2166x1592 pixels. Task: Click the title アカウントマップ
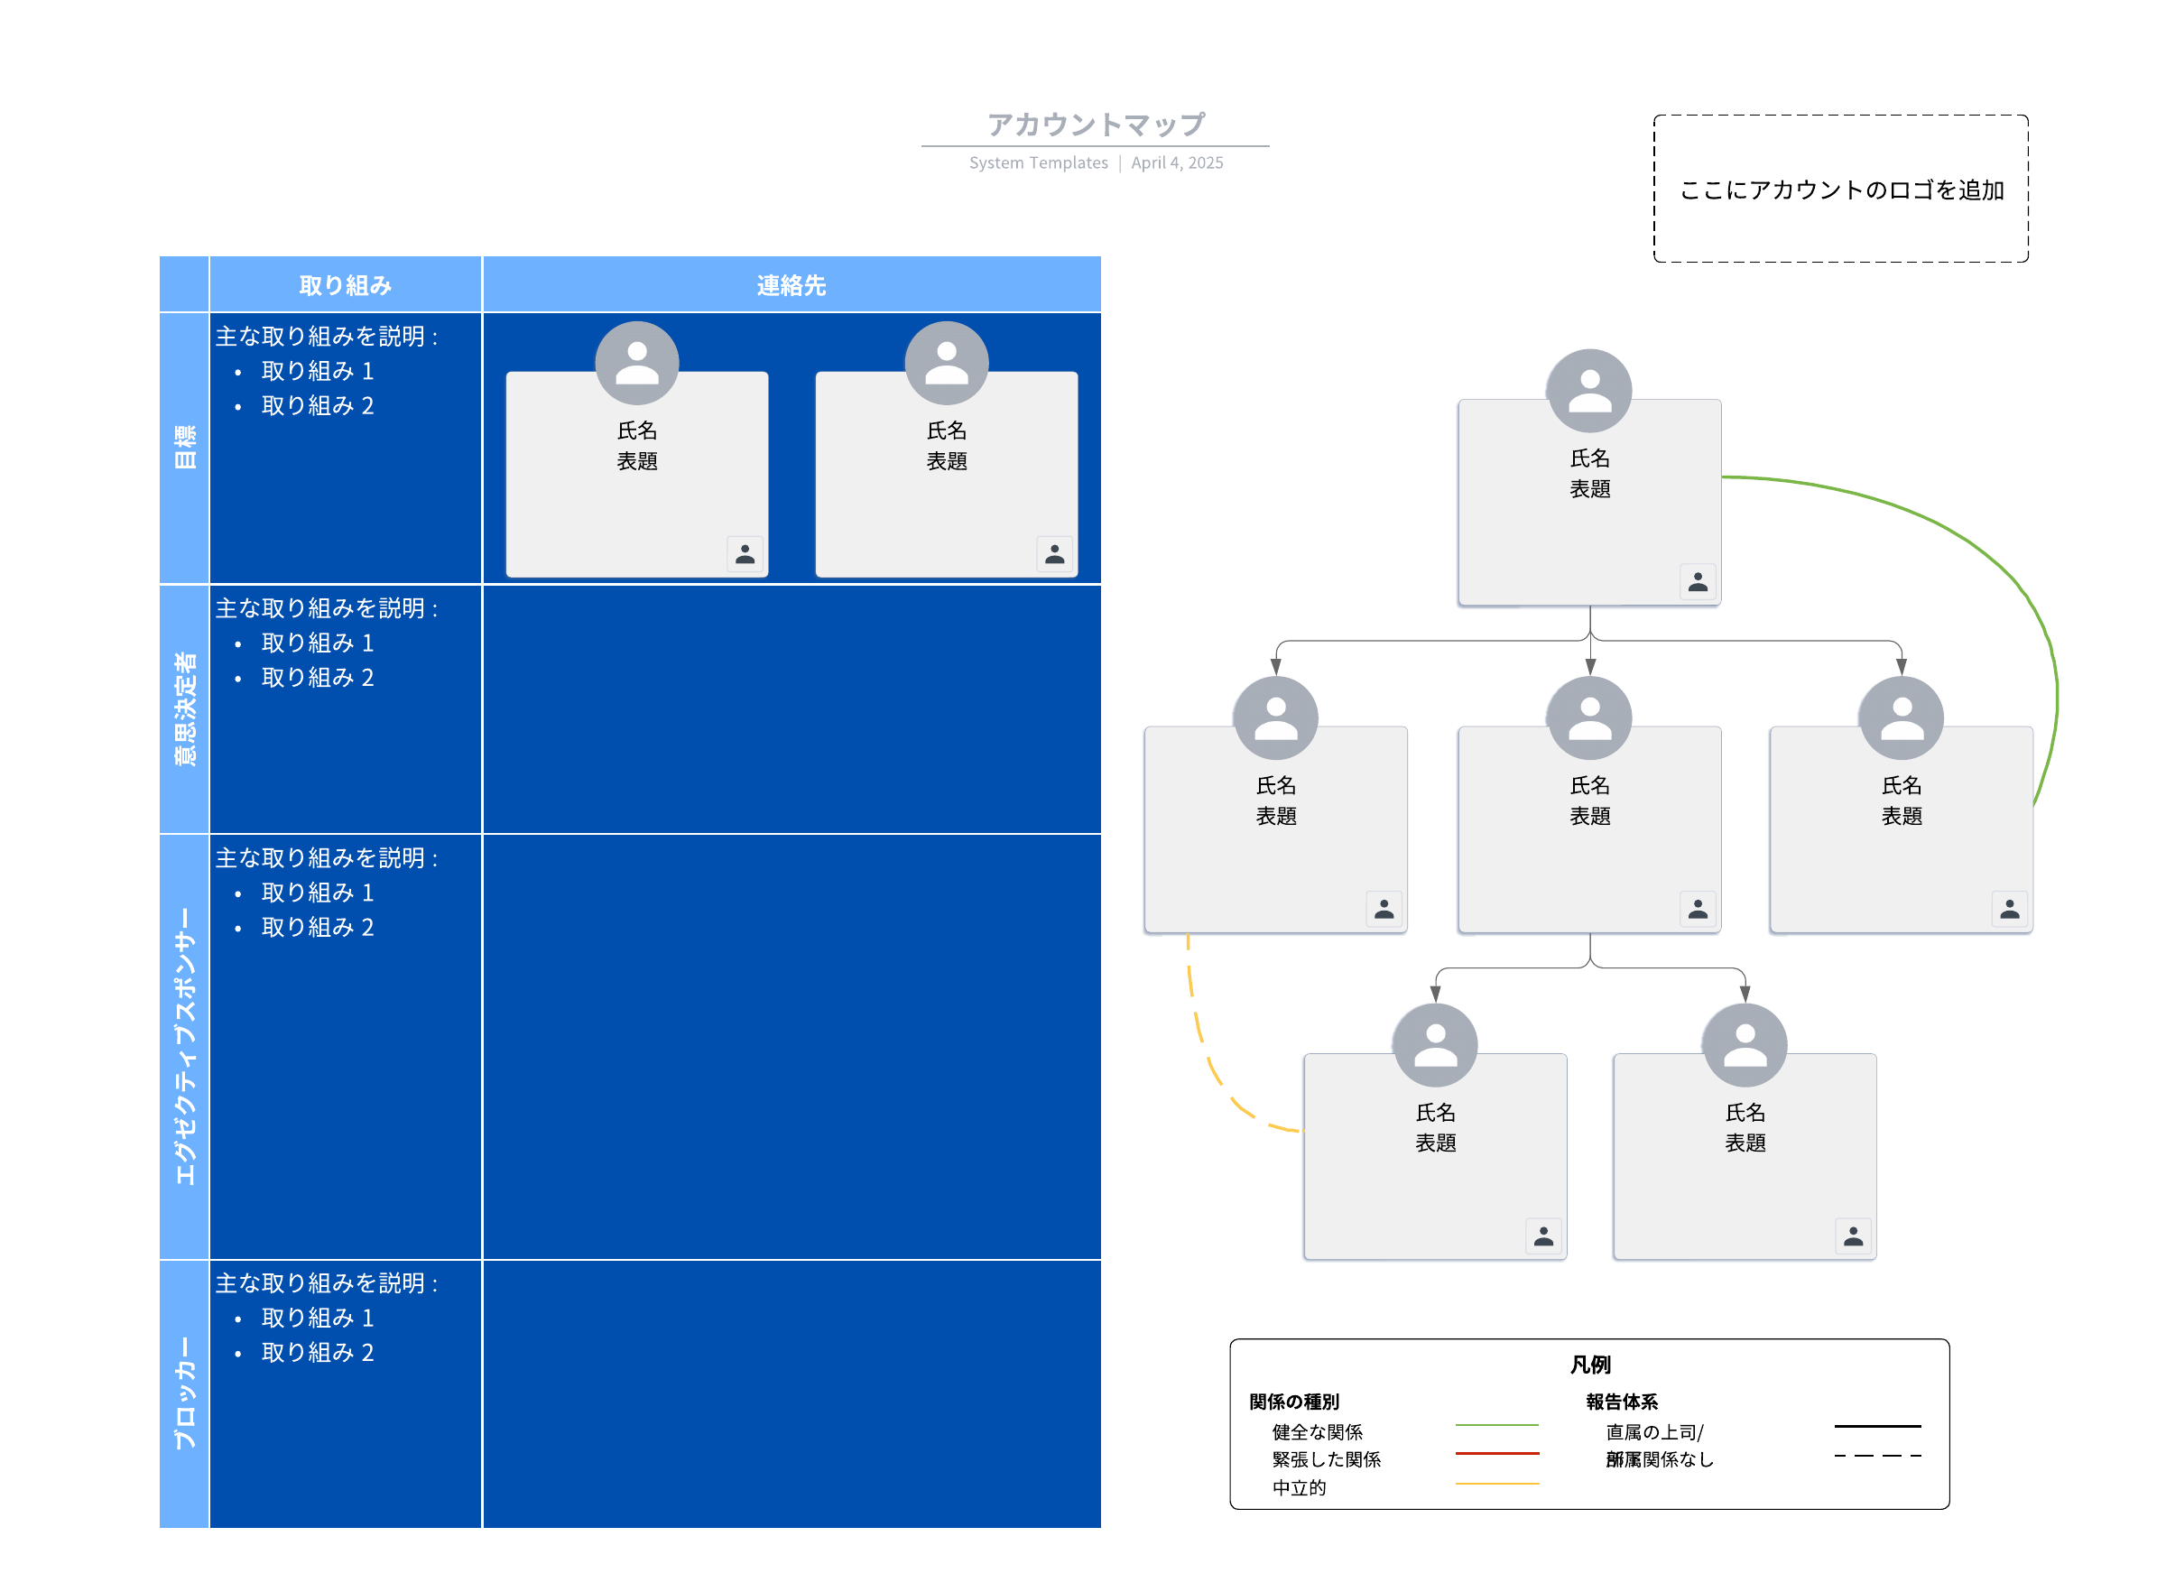pos(1095,125)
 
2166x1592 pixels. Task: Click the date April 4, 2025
pos(1177,162)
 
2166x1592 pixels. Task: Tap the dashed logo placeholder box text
pos(1840,190)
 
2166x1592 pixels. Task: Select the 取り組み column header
pos(345,285)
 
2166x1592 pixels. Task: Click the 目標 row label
pos(184,447)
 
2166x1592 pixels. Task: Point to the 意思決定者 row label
pos(184,708)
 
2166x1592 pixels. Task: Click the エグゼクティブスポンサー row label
pos(184,1046)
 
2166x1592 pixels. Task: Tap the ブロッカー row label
pos(184,1393)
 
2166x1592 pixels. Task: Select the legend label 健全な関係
pos(1316,1432)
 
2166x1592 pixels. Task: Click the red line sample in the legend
pos(1496,1453)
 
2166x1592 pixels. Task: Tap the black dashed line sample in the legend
pos(1876,1456)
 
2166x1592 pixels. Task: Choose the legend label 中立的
pos(1299,1488)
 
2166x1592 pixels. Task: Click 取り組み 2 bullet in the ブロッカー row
pos(317,1353)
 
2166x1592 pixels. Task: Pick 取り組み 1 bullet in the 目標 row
pos(317,371)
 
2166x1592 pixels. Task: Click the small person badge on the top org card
pos(1697,582)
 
